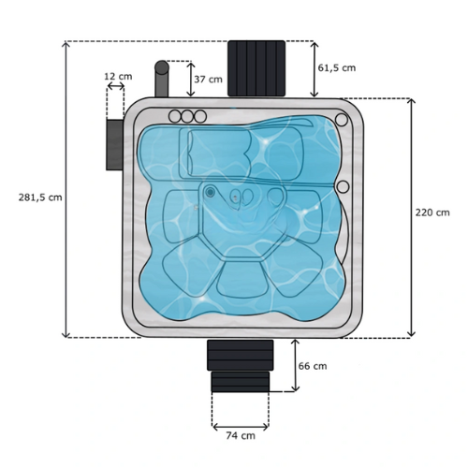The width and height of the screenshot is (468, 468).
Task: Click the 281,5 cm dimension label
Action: point(40,197)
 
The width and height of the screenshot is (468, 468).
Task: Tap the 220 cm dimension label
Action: point(432,212)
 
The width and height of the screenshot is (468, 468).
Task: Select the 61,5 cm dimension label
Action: point(337,67)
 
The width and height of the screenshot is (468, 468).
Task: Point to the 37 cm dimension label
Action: point(208,80)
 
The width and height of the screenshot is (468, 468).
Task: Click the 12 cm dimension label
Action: point(118,76)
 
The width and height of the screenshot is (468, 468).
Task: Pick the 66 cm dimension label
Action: point(313,366)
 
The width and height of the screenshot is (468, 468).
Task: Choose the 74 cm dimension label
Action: point(241,435)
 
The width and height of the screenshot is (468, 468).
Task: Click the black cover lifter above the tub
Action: point(256,68)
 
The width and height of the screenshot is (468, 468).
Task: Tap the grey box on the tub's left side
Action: point(114,145)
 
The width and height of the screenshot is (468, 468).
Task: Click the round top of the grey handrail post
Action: point(162,67)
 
